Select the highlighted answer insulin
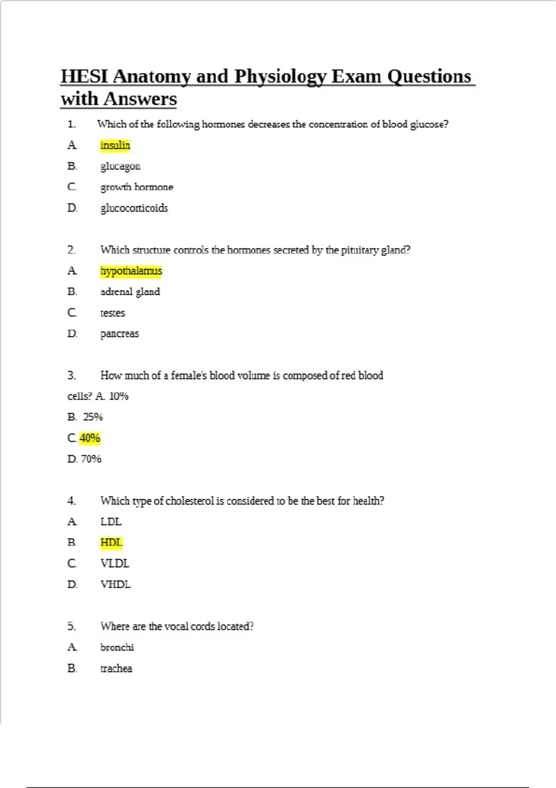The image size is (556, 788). (115, 146)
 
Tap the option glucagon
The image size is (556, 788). (120, 166)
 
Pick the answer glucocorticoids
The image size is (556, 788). (134, 208)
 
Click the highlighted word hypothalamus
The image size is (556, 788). (131, 271)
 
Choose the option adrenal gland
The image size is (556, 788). (130, 292)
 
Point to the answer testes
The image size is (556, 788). (113, 313)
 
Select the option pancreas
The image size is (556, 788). (120, 334)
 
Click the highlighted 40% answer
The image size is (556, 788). (90, 438)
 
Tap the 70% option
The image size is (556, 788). (91, 459)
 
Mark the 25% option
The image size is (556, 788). (93, 417)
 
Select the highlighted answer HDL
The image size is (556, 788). (111, 542)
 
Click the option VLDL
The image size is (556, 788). (115, 564)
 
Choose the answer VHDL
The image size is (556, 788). (115, 585)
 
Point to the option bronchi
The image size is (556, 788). (117, 647)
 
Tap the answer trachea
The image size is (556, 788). (116, 668)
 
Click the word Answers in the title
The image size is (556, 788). (140, 99)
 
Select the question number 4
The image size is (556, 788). (71, 501)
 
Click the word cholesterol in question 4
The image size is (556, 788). (190, 501)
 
